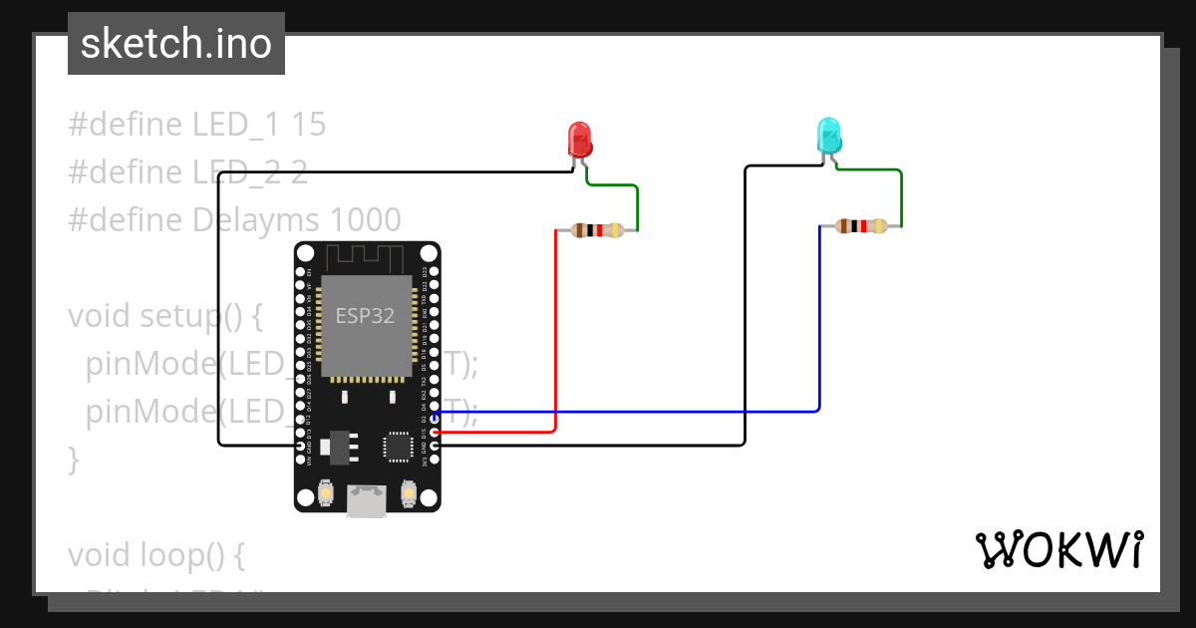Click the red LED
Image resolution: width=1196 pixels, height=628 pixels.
click(579, 139)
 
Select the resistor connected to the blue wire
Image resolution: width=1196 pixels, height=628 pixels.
click(861, 226)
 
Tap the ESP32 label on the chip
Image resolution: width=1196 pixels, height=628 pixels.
click(364, 317)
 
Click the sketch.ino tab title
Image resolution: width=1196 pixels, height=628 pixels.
click(176, 44)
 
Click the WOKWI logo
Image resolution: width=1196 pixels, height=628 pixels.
click(1057, 550)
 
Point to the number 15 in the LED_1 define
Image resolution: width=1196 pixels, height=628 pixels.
click(310, 125)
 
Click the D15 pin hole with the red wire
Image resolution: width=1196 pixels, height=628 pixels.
click(436, 432)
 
